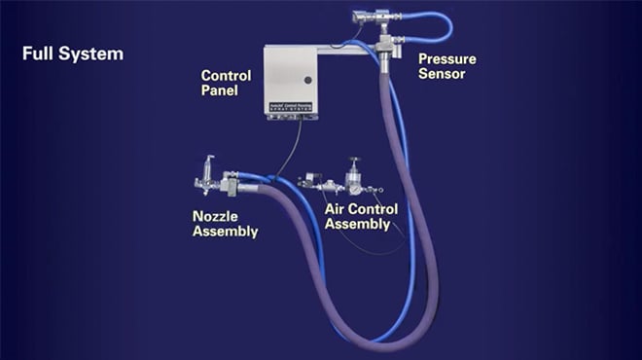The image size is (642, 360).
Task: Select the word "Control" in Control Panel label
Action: tap(226, 76)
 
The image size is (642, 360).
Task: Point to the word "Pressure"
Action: tap(447, 58)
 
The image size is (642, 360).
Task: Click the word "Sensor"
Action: tap(443, 74)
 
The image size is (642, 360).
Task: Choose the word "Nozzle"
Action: tap(215, 216)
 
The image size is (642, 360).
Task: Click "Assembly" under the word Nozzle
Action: tap(225, 232)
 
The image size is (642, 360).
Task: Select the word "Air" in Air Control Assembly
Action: tap(338, 208)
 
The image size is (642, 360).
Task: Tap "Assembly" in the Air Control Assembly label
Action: tap(357, 224)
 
